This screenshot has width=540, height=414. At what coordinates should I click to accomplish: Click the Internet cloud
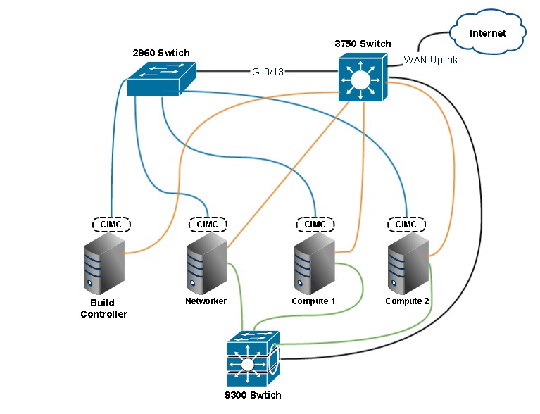click(487, 32)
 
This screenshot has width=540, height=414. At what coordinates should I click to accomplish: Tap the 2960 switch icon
click(161, 78)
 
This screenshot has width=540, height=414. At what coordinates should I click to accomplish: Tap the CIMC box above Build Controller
click(112, 225)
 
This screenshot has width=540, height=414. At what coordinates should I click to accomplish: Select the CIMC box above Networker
click(207, 225)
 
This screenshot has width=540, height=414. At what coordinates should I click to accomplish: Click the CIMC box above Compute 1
click(314, 225)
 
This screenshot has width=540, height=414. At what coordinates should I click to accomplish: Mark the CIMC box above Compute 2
click(406, 225)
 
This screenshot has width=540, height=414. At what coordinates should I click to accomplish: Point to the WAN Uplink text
click(431, 61)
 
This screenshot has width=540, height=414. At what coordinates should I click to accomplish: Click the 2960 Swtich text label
click(161, 54)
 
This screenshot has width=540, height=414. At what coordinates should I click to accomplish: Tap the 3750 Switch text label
click(363, 44)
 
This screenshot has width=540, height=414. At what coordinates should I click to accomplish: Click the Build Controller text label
click(103, 308)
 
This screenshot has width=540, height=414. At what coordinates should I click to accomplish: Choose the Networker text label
click(206, 301)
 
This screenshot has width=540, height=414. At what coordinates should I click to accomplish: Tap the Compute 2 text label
click(408, 301)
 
